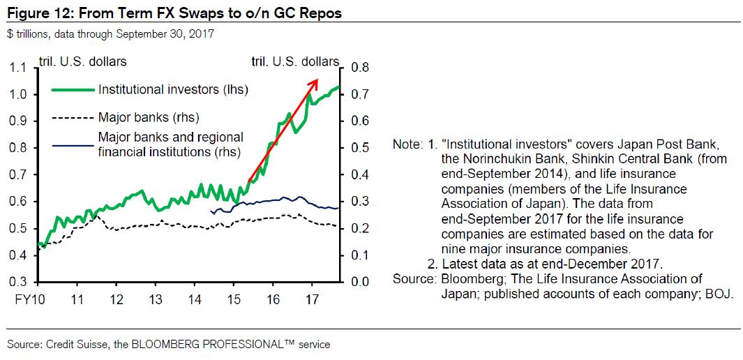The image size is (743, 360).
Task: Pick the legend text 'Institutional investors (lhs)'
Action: (174, 89)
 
